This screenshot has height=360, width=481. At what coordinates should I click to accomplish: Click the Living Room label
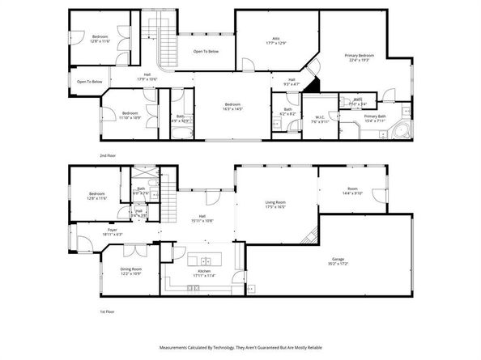pyautogui.click(x=275, y=205)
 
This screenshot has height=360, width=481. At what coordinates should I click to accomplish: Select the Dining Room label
pyautogui.click(x=131, y=271)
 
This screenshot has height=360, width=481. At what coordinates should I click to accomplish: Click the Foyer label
pyautogui.click(x=111, y=231)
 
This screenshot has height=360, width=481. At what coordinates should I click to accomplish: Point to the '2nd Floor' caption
pyautogui.click(x=107, y=154)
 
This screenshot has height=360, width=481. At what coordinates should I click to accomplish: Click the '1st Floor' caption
pyautogui.click(x=107, y=311)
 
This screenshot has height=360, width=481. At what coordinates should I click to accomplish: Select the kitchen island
pyautogui.click(x=204, y=260)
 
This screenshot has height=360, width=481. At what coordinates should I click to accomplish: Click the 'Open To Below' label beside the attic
pyautogui.click(x=206, y=51)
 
